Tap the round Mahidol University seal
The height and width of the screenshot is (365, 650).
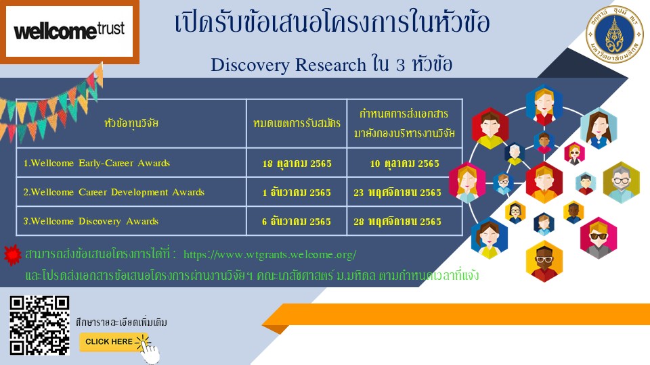point(614,34)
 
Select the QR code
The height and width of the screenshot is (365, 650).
point(40,326)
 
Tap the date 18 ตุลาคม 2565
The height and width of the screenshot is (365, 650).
point(297,164)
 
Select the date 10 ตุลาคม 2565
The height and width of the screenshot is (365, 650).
point(405,164)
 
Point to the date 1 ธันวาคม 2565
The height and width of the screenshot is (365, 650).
point(297,193)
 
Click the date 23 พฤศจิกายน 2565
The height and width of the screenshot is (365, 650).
point(397,193)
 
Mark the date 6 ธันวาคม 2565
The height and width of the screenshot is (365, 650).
point(297,222)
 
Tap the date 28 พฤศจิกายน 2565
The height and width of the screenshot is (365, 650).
point(397,222)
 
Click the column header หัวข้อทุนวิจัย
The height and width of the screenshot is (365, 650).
point(131,123)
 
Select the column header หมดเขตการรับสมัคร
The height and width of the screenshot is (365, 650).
point(297,123)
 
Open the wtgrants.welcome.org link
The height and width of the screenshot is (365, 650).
point(270,254)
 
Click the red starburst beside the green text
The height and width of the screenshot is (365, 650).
point(12,255)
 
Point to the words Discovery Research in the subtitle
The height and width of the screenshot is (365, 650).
point(288,65)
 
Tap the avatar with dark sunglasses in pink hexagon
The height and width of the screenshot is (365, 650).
point(598,237)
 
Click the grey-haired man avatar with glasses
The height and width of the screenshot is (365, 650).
point(621,182)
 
